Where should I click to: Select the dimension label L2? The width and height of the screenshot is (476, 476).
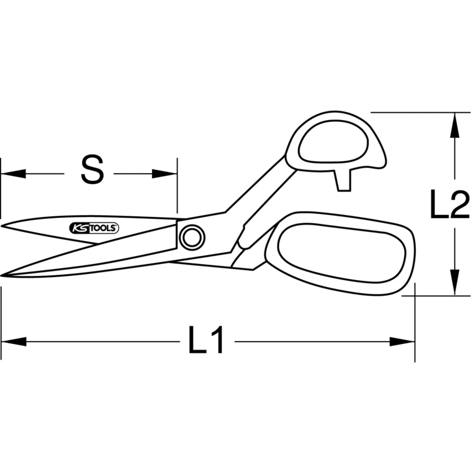click(x=450, y=204)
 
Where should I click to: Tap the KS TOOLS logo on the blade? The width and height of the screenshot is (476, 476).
click(x=95, y=228)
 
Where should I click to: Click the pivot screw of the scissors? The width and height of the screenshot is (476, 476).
click(x=192, y=237)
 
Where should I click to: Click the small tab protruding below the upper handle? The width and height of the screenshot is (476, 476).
click(x=343, y=181)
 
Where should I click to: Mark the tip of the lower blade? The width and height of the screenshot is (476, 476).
click(x=4, y=275)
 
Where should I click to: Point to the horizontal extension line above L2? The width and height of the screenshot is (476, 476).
click(x=419, y=112)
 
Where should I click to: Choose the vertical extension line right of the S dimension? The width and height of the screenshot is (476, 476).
click(x=177, y=186)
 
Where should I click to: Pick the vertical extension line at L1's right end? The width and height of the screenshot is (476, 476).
click(x=415, y=324)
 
